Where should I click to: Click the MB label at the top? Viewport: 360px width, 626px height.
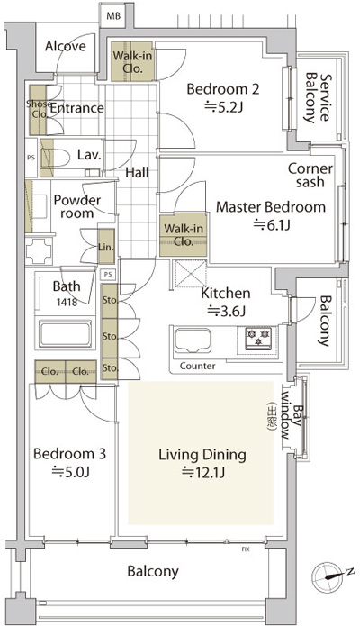click(114, 15)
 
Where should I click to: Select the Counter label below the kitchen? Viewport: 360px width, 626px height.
click(197, 367)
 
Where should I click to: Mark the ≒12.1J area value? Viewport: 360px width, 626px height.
click(201, 471)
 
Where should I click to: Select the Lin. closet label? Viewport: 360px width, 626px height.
click(105, 247)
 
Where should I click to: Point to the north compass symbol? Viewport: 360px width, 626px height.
click(326, 573)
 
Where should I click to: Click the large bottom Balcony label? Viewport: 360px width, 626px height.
click(152, 571)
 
